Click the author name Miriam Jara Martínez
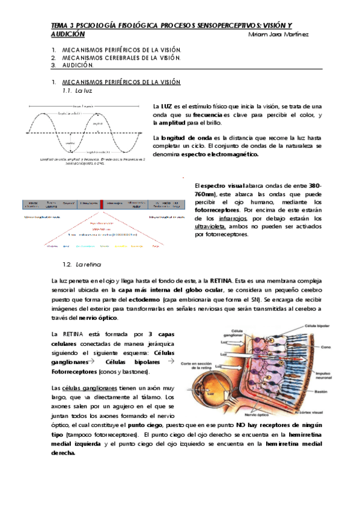[x=278, y=35]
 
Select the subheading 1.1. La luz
[x=78, y=90]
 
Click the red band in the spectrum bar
[x=102, y=204]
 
